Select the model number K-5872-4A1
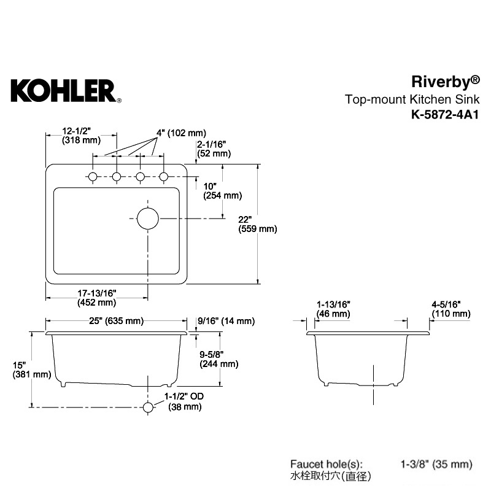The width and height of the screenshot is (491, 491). tap(445, 115)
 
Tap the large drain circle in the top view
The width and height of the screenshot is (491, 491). tap(148, 218)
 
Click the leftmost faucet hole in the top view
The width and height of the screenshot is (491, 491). tap(93, 177)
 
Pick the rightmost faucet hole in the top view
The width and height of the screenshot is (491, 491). tap(163, 177)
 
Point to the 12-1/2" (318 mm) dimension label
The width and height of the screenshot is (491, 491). tap(81, 135)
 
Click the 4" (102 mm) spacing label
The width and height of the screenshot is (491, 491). tap(181, 133)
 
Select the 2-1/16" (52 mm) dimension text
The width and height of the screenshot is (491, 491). tap(214, 149)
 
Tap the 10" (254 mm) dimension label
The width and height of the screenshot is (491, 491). tap(222, 191)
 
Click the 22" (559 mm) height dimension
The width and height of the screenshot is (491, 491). tap(258, 224)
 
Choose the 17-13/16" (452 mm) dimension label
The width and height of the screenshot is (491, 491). tap(97, 298)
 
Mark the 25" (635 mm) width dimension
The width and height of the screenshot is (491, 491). tap(116, 321)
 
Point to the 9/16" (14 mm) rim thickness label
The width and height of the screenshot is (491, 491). tap(226, 321)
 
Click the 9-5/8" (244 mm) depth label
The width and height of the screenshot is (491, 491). tap(219, 359)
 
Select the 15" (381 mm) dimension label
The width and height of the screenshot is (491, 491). tap(32, 370)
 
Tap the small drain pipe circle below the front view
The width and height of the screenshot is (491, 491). tap(148, 408)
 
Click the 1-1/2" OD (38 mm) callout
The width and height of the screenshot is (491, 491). tap(184, 401)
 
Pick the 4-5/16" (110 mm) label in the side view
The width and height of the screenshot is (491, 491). tap(451, 309)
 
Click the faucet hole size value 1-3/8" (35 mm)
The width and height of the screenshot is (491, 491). tap(436, 464)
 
